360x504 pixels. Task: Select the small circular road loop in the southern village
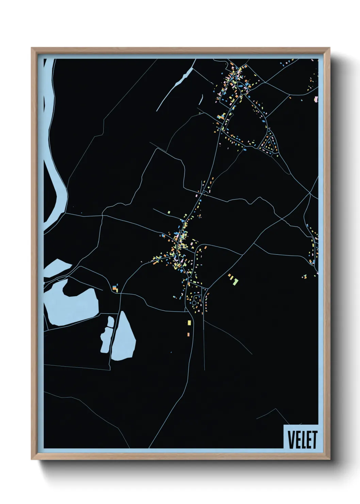[194, 302]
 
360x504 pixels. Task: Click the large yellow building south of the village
[189, 322]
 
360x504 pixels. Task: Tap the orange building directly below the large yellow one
[188, 334]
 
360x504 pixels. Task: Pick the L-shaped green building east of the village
[236, 282]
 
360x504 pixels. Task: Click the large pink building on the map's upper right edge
[316, 99]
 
